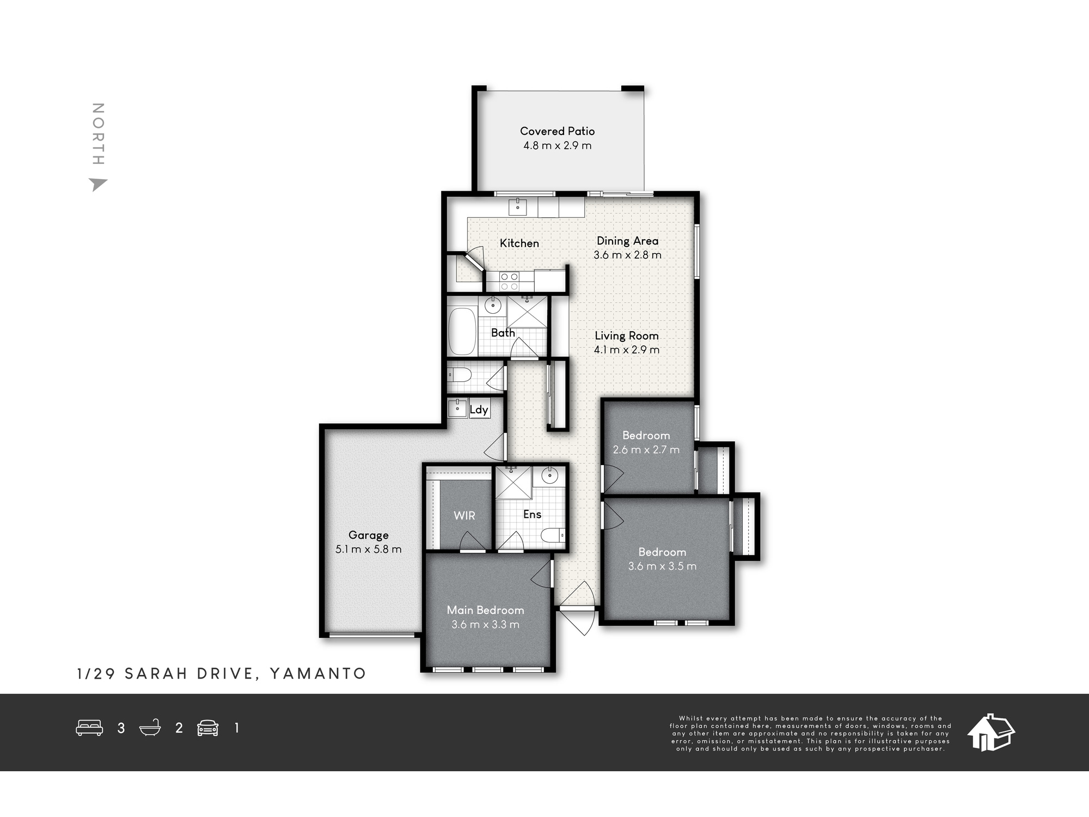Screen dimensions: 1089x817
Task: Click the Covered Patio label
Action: [x=557, y=131]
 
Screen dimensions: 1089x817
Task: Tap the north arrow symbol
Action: [x=98, y=185]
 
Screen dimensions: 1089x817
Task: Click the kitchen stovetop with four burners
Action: [x=509, y=281]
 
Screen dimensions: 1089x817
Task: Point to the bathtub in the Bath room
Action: [x=462, y=332]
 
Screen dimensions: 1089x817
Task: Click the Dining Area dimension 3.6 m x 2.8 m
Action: [x=627, y=255]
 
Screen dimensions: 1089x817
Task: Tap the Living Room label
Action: [x=627, y=336]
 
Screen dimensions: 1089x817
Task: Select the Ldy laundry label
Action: [x=479, y=410]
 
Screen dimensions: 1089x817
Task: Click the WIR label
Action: [x=464, y=515]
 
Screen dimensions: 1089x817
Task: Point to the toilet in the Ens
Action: [x=553, y=535]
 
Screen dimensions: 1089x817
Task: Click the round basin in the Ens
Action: [x=549, y=475]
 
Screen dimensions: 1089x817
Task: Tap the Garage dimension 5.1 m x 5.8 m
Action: [x=369, y=550]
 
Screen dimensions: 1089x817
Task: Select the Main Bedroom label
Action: [x=486, y=611]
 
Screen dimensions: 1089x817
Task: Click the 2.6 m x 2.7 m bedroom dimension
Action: [x=646, y=450]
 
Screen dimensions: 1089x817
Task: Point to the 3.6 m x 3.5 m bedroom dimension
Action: [x=662, y=566]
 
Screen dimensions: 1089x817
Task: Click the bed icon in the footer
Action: [x=89, y=728]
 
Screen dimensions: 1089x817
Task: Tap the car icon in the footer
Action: [x=208, y=728]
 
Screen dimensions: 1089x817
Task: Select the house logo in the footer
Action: [x=990, y=733]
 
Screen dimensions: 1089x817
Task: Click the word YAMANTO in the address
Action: [x=318, y=674]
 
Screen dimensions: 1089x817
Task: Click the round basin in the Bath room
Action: [x=493, y=305]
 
